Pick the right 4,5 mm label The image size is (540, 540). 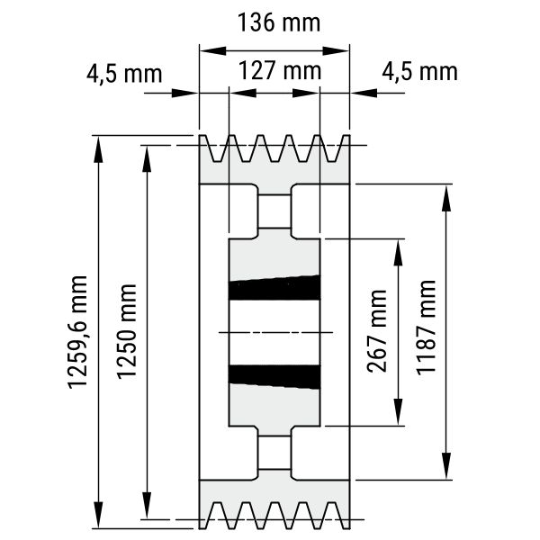[419, 71]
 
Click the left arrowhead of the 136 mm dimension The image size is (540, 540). [204, 51]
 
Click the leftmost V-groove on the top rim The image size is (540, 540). [217, 149]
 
